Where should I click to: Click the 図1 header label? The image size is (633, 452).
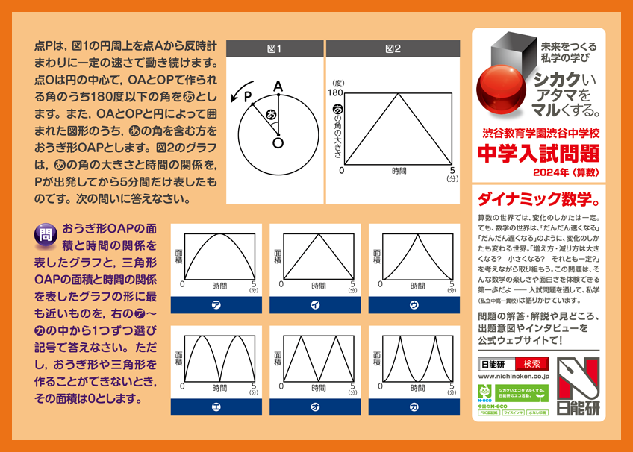point(274,49)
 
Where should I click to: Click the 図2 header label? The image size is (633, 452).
point(393,49)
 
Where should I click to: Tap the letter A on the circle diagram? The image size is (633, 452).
point(278,87)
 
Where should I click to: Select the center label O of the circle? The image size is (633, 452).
point(278,142)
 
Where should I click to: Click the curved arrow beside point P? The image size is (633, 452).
point(236,94)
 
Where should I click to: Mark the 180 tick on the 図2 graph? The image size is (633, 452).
point(334,92)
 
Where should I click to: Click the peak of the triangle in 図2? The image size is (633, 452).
point(399,92)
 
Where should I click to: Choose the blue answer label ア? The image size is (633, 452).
point(216,304)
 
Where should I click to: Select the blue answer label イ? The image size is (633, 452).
point(314,304)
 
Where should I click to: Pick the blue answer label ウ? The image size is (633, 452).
point(413,304)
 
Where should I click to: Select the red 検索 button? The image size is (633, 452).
point(531,364)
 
